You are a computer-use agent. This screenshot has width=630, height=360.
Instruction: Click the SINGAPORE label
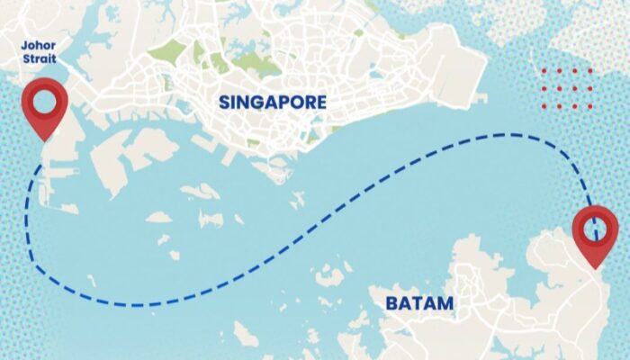pos(272,102)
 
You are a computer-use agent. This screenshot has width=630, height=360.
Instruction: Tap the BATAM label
pos(419,303)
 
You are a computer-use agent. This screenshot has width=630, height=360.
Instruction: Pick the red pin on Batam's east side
pos(596,232)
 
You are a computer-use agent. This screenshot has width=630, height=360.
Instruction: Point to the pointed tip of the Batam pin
pos(596,267)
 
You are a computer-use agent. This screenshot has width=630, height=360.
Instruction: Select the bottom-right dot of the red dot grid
pos(589,106)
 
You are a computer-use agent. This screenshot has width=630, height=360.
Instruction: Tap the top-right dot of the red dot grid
pos(589,71)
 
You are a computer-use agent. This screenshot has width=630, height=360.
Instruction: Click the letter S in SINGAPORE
pos(224,102)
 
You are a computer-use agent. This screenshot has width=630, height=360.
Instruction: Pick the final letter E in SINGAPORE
pos(319,102)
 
